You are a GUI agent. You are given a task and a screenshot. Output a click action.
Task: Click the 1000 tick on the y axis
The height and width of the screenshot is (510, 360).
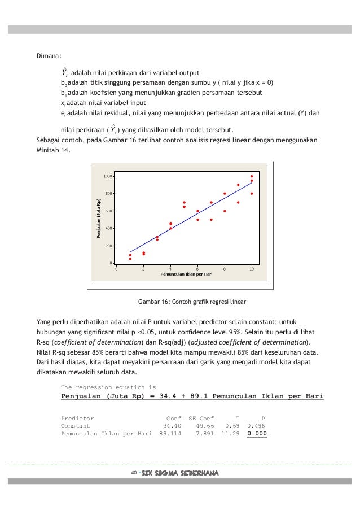pos(106,176)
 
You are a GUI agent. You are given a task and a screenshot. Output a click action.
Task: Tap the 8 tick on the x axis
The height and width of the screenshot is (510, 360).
pos(225,269)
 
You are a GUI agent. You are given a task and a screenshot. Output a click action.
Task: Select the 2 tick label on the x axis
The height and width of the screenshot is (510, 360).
pos(143,269)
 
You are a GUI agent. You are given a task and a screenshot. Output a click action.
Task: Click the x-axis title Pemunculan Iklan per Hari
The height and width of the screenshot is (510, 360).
pos(186,274)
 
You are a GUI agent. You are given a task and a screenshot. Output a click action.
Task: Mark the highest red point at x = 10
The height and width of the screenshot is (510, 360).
pos(252,176)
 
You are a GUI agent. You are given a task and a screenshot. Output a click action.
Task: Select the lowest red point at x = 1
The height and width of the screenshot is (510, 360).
pos(130,259)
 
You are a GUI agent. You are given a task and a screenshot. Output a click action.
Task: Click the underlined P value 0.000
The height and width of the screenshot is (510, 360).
pos(257,434)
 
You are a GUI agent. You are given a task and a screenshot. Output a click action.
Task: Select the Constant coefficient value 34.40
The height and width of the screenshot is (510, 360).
pos(172,426)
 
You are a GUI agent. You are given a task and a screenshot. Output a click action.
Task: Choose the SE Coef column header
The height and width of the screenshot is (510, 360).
pos(201,418)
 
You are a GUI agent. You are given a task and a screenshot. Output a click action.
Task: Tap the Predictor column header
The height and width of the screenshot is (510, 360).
pos(77,418)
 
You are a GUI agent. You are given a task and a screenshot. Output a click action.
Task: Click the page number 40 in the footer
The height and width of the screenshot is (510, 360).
pos(134,472)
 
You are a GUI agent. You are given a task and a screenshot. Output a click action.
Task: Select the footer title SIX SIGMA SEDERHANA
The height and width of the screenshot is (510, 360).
pos(179,472)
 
